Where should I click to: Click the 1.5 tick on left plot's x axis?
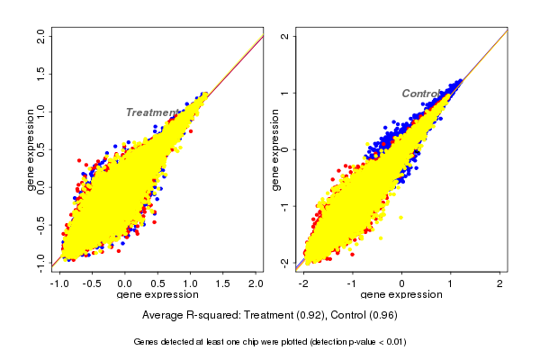point(221,283)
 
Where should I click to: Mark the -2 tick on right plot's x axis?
point(305,283)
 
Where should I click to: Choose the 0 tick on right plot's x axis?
point(403,283)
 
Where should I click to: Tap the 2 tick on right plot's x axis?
point(500,283)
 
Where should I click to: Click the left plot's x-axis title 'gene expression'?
point(157,295)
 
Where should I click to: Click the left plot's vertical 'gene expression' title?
point(31,149)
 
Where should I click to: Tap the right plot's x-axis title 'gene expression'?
point(402,295)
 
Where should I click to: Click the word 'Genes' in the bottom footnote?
point(148,342)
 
